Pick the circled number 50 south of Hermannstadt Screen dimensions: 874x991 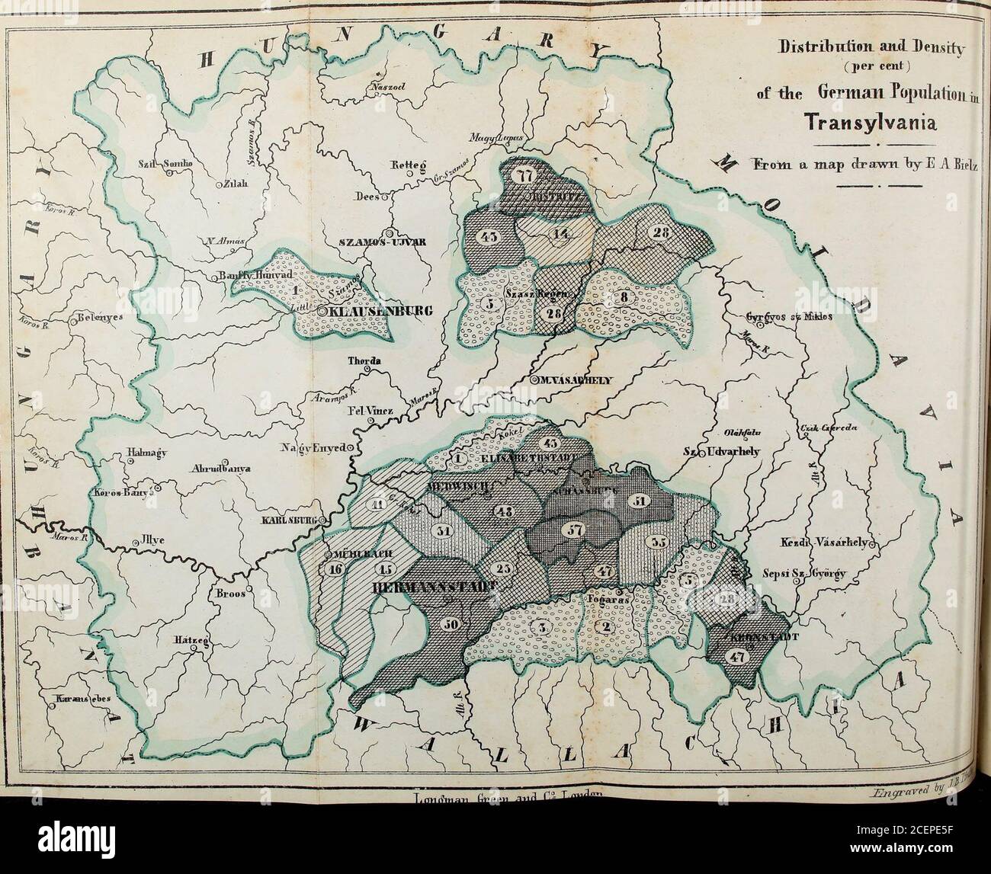pos(451,624)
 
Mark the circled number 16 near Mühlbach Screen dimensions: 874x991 pos(335,568)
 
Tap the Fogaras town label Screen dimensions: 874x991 pos(608,600)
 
